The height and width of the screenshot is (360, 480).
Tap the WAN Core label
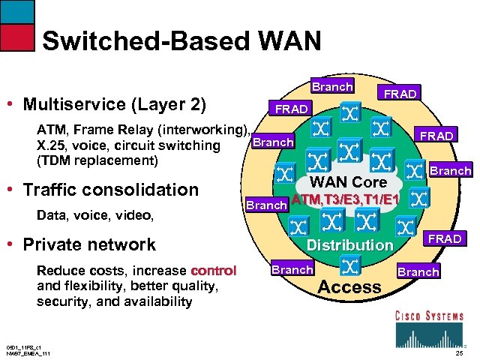click(x=349, y=181)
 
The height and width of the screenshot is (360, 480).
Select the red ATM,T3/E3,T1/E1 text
click(x=346, y=199)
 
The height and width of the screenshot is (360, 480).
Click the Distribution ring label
click(x=349, y=244)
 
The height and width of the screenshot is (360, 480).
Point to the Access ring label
click(x=349, y=286)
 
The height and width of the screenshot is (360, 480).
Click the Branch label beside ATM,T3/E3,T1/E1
click(x=268, y=205)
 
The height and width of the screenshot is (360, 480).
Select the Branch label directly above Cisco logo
click(x=418, y=271)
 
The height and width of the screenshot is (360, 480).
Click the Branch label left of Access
click(x=292, y=269)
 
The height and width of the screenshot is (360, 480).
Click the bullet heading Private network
click(x=89, y=244)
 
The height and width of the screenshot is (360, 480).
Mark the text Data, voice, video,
click(x=94, y=216)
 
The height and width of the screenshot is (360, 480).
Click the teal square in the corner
click(x=17, y=11)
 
